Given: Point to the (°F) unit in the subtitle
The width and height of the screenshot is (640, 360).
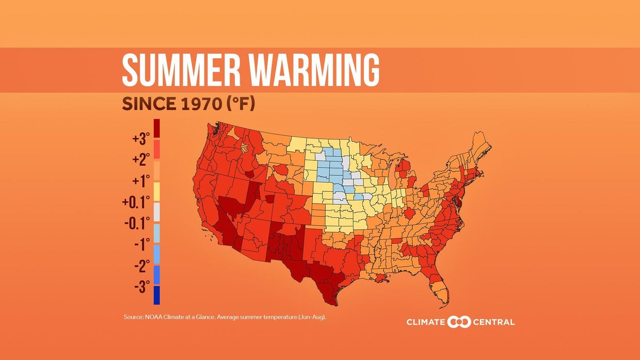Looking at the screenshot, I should [x=240, y=104].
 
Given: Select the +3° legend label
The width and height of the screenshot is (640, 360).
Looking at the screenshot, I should [x=140, y=139].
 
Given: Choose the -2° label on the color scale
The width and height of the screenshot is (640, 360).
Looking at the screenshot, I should [x=141, y=266].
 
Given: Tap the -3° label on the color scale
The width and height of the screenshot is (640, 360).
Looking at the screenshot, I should [x=141, y=286].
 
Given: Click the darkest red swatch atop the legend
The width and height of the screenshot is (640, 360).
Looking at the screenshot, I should [x=156, y=128].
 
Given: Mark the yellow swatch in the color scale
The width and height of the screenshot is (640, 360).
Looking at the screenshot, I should [x=156, y=191].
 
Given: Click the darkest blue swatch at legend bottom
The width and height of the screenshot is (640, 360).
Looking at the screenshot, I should [x=156, y=296].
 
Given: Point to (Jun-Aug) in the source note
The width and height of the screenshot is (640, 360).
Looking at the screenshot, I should [x=312, y=317].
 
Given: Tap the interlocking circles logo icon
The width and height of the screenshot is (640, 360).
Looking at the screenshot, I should [x=459, y=322].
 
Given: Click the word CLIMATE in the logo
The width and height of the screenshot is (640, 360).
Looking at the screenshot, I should [x=426, y=322].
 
